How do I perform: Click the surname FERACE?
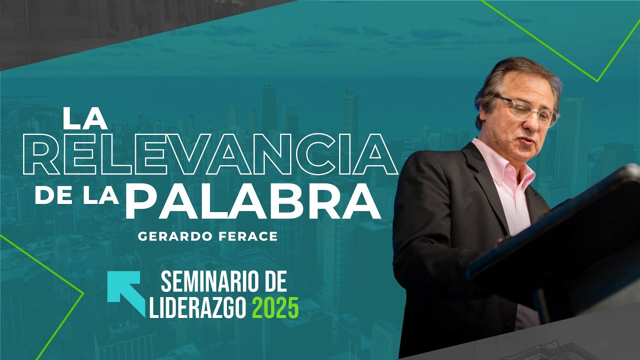coord(253,236)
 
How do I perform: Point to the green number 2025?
coord(275,307)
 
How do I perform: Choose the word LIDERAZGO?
coord(197,307)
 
